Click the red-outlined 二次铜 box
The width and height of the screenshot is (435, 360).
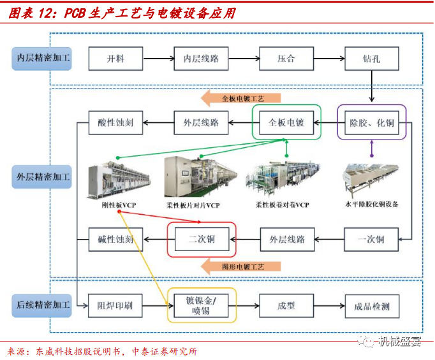pyautogui.click(x=201, y=240)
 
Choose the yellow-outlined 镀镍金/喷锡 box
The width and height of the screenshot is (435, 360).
pyautogui.click(x=201, y=305)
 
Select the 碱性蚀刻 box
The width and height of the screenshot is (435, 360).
pyautogui.click(x=115, y=240)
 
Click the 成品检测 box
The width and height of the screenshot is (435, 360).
pyautogui.click(x=371, y=306)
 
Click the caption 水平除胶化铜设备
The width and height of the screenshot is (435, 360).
pyautogui.click(x=372, y=205)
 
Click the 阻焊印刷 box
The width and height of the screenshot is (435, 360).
pyautogui.click(x=115, y=306)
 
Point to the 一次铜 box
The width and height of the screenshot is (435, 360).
pyautogui.click(x=371, y=240)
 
